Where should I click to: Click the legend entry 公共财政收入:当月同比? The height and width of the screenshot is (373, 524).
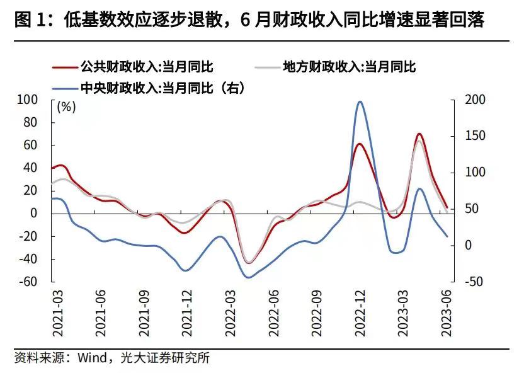tap(151, 66)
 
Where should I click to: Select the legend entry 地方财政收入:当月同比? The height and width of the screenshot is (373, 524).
tap(350, 66)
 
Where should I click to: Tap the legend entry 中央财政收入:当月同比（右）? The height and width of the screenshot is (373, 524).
tap(161, 88)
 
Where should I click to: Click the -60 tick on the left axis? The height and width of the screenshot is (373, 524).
tap(29, 282)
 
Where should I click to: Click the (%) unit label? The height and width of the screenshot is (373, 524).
tap(66, 107)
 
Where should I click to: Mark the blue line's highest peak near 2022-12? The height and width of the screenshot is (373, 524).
tap(360, 101)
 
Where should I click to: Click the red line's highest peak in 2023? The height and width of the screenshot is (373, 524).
tap(419, 134)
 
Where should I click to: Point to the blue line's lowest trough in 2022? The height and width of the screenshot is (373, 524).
tap(248, 277)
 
